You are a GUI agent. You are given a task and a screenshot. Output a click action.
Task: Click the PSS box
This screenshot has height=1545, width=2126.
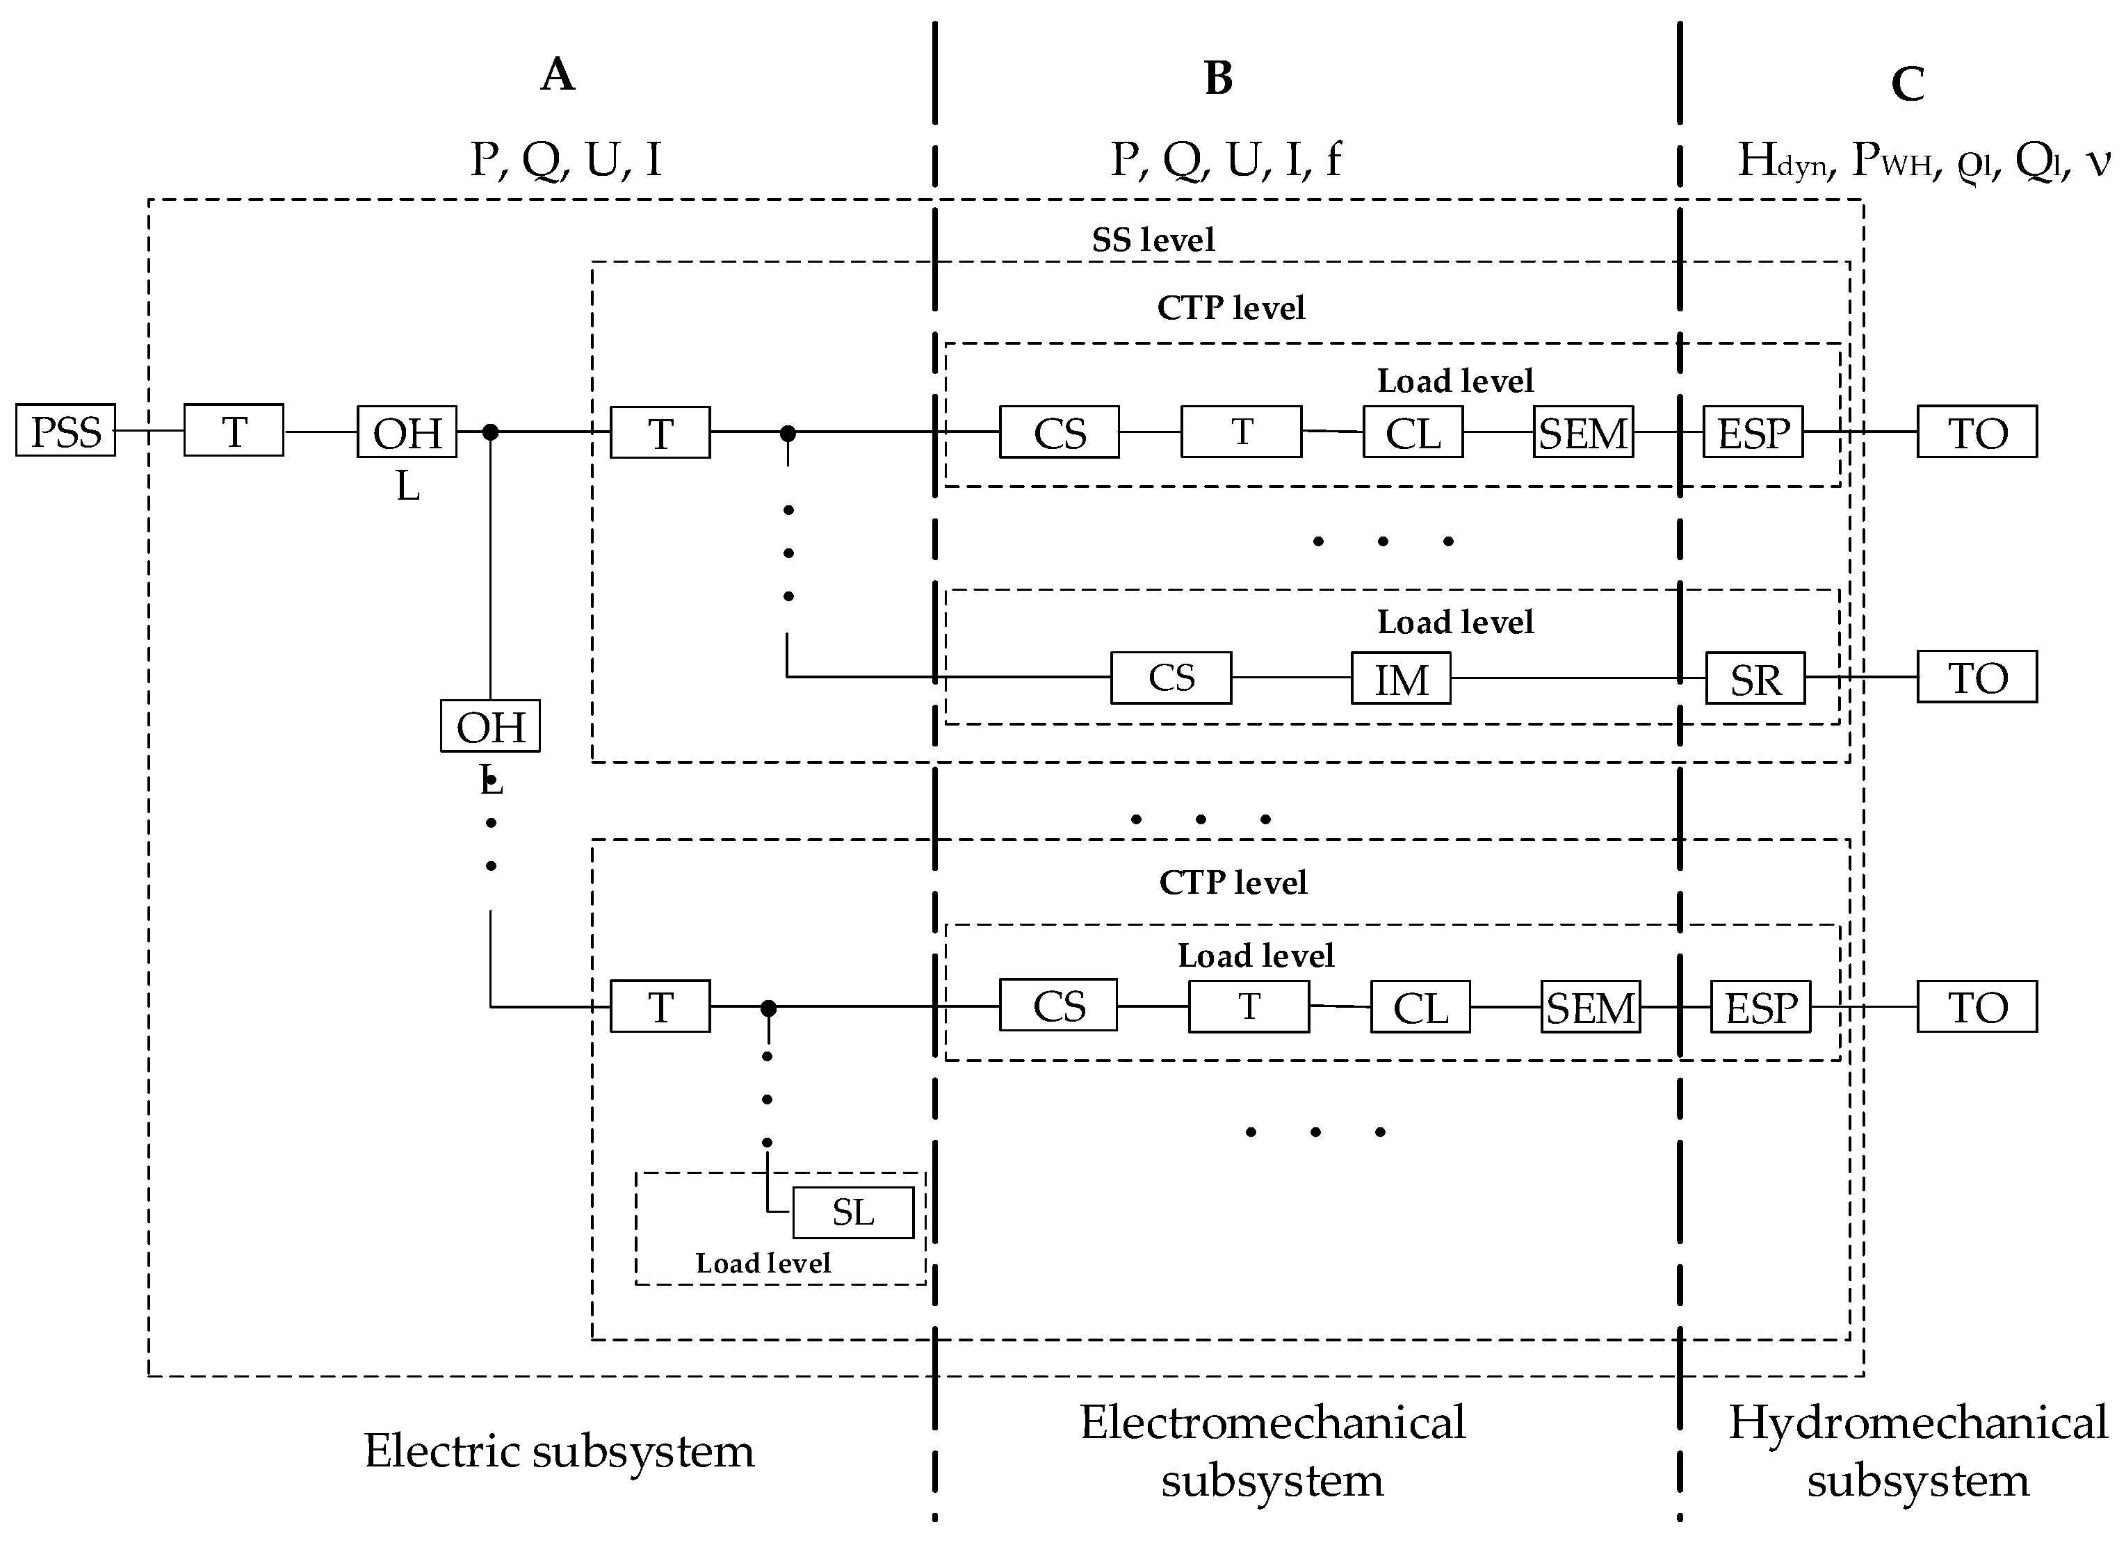point(65,431)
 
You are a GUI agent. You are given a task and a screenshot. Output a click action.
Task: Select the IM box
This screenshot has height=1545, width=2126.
point(1400,678)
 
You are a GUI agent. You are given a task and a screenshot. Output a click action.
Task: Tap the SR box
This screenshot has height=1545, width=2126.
point(1755,679)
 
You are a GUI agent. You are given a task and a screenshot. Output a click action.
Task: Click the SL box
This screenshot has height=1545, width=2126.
point(853,1212)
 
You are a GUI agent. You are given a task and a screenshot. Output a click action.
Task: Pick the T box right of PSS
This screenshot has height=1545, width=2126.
point(234,431)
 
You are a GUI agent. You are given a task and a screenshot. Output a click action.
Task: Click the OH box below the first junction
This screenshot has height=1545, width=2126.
point(490,726)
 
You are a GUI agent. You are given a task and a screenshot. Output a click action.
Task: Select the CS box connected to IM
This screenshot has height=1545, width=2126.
point(1171,678)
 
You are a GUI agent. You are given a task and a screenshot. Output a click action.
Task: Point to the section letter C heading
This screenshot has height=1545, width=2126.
point(1908,84)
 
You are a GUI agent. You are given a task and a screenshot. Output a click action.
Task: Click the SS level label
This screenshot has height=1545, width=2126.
point(1153,240)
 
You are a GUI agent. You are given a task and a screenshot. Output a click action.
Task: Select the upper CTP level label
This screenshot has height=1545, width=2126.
point(1231,307)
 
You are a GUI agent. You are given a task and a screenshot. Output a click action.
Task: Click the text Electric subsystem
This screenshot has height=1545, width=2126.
point(559,1451)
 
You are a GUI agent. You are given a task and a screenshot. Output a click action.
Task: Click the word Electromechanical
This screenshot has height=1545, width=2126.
point(1272,1422)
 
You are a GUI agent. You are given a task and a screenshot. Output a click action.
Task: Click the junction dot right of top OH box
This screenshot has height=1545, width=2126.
point(490,432)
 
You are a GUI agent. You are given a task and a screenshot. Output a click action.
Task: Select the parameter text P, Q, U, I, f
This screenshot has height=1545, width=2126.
point(1225,159)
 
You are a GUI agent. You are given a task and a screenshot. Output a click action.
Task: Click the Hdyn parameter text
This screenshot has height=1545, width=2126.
point(1782,161)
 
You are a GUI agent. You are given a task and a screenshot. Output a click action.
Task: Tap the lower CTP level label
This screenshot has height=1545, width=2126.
point(1233,882)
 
